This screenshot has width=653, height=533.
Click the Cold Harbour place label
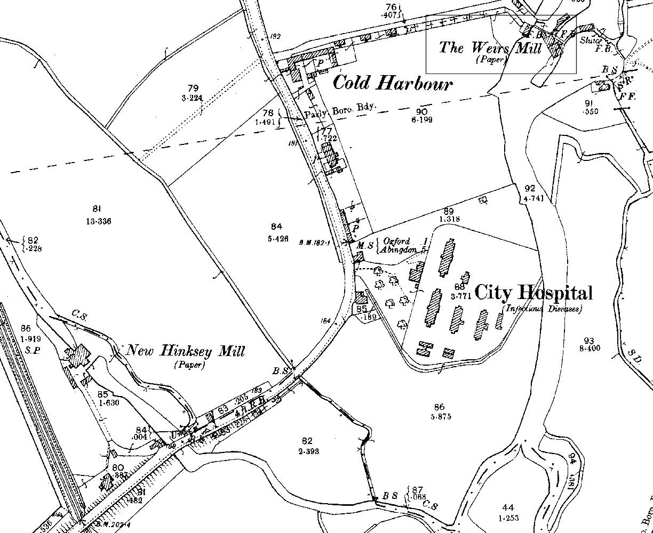(393, 84)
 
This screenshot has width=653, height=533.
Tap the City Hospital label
(533, 293)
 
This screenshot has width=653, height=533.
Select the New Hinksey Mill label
(185, 351)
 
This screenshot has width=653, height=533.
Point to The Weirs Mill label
(490, 48)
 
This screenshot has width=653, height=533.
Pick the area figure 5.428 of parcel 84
(278, 239)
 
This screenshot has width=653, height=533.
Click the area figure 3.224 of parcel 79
(193, 98)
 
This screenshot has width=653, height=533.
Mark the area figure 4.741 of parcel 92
(529, 198)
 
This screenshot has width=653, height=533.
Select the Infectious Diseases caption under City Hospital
(542, 309)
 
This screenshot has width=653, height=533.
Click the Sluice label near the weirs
(591, 40)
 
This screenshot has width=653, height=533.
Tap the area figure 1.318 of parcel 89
(450, 219)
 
